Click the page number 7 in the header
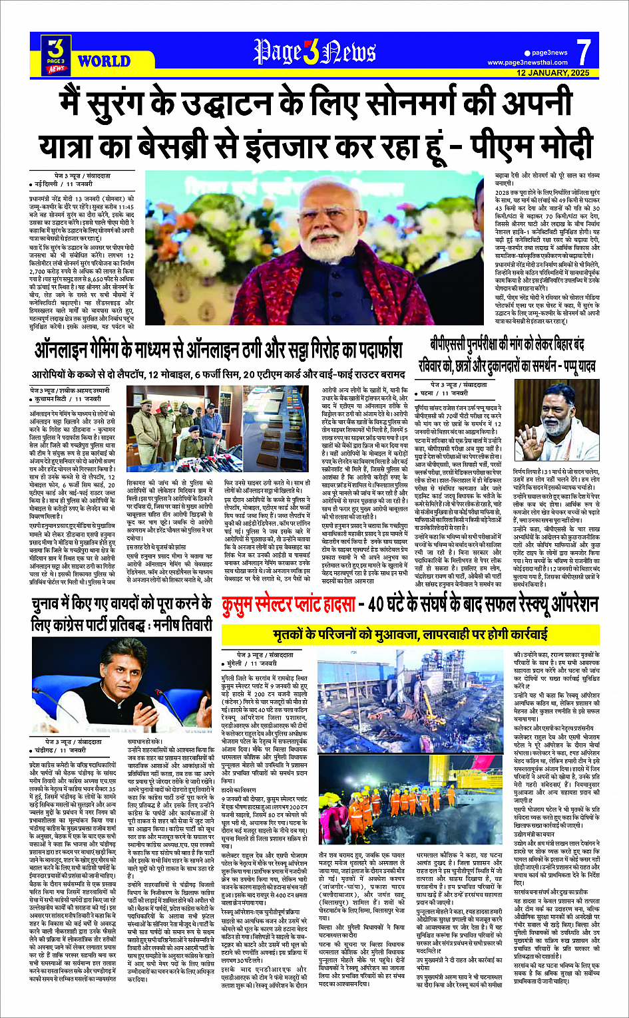583,51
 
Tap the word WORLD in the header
104,62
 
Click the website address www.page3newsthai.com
527,63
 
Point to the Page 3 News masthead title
315,53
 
